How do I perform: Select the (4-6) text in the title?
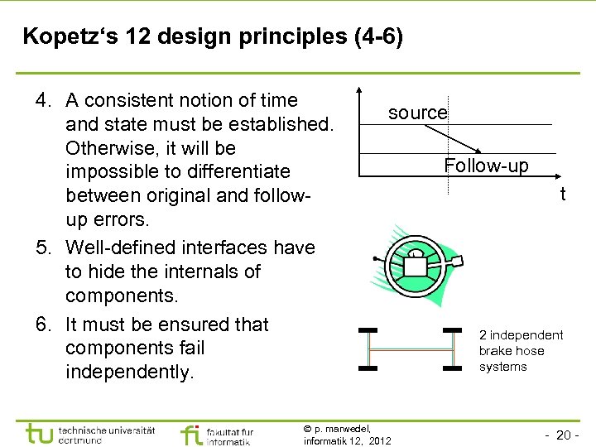point(372,37)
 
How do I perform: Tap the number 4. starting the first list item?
point(43,101)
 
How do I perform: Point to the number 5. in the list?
point(43,248)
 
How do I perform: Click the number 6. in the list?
point(43,324)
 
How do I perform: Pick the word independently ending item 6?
point(128,372)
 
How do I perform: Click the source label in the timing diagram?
point(417,113)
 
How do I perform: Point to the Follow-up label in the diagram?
point(486,166)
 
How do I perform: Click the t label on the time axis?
point(563,195)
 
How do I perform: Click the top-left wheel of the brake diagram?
point(368,330)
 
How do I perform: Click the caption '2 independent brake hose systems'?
point(520,351)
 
